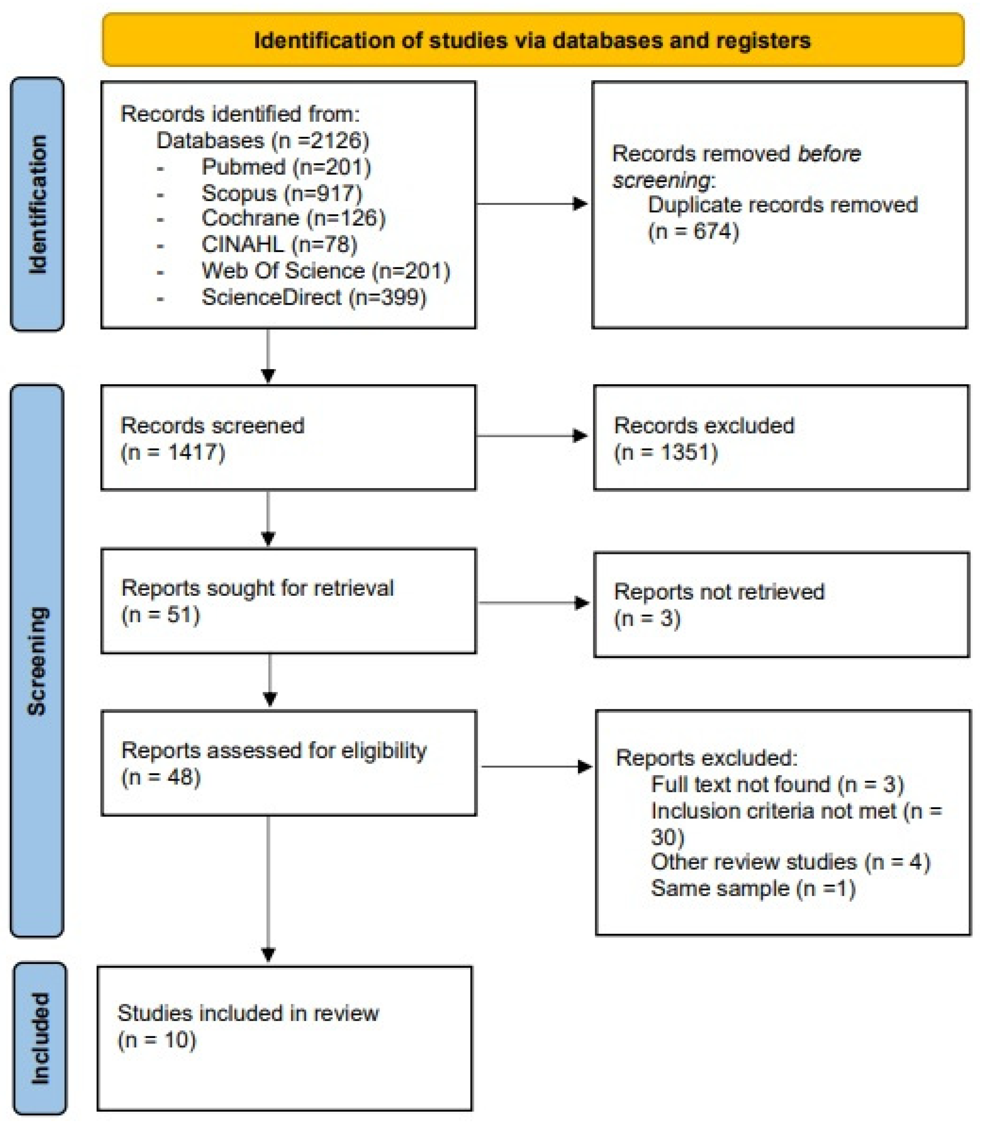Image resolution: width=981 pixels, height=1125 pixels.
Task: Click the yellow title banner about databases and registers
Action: pos(533,40)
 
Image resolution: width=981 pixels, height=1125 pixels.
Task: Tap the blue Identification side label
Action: pos(37,204)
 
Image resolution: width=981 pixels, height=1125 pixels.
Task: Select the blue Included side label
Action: pos(39,1038)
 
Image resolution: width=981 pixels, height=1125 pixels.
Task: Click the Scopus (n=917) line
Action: pos(281,193)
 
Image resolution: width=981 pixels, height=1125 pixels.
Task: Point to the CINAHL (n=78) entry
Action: pos(279,244)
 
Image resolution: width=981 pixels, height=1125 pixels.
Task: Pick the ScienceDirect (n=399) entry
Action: pos(314,298)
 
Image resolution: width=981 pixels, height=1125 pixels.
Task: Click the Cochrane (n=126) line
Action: pos(293,218)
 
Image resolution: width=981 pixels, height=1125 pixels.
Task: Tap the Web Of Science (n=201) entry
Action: pos(326,271)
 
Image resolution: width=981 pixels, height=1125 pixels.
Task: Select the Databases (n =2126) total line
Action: pos(263,141)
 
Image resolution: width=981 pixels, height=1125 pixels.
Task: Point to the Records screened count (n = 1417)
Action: pos(172,452)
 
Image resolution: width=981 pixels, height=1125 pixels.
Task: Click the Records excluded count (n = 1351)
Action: pos(666,452)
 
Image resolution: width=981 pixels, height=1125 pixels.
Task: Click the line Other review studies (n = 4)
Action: pos(790,862)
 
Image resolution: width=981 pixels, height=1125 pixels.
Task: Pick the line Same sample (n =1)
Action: pos(753,888)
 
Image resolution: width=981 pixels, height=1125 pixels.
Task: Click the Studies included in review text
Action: pos(248,1013)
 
